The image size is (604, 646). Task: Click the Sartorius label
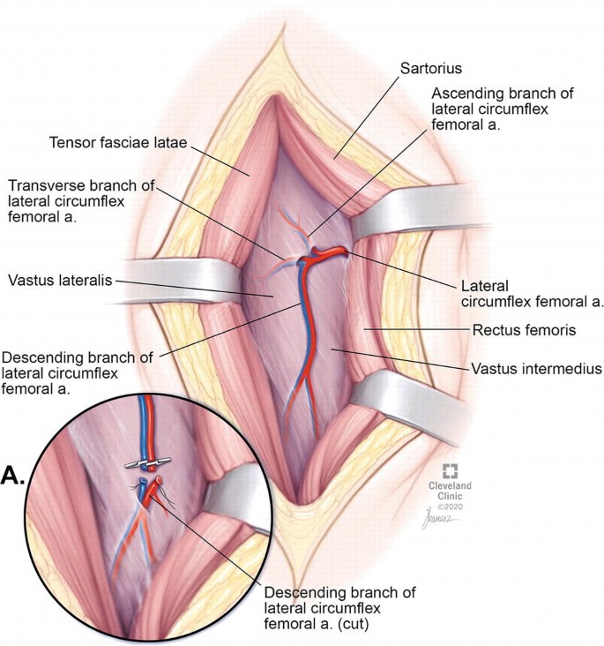click(x=432, y=66)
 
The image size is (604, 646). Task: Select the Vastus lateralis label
click(x=58, y=281)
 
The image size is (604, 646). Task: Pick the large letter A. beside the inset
click(x=17, y=477)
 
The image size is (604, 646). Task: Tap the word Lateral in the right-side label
click(x=481, y=287)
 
